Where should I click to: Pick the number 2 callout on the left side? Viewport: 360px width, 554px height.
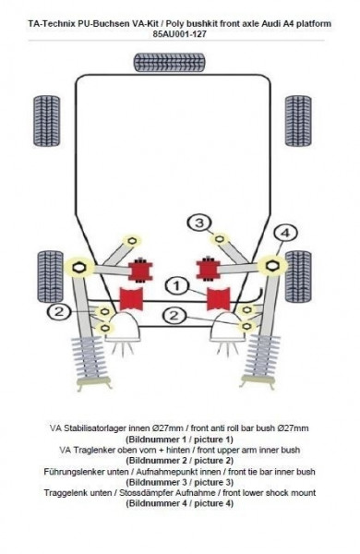pyautogui.click(x=57, y=312)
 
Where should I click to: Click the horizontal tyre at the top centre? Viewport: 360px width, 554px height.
pyautogui.click(x=169, y=63)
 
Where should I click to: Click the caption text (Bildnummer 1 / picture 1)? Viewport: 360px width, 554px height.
pyautogui.click(x=179, y=440)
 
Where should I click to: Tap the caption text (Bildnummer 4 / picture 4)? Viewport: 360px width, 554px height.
pyautogui.click(x=179, y=503)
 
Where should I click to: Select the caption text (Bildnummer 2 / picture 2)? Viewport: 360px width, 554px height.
pyautogui.click(x=179, y=461)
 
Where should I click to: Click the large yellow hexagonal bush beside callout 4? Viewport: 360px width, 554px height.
pyautogui.click(x=271, y=266)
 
